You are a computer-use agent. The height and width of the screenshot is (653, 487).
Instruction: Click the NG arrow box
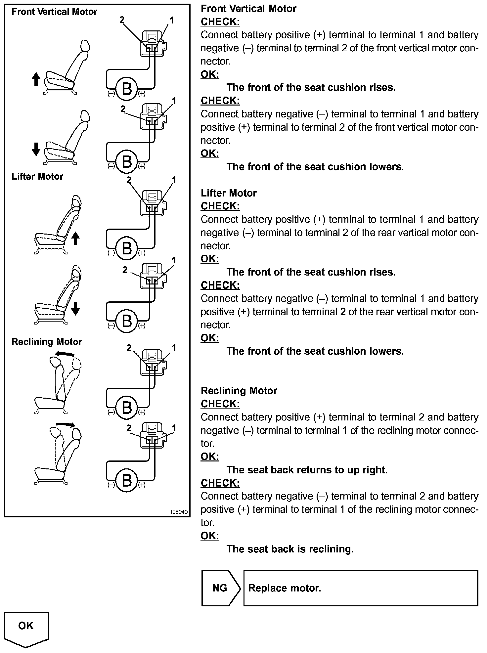(220, 588)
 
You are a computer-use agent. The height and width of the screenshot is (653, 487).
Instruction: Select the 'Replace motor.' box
(361, 588)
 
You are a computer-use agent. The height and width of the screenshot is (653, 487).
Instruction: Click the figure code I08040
(179, 512)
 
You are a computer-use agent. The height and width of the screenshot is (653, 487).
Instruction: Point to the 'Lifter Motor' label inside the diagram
(37, 176)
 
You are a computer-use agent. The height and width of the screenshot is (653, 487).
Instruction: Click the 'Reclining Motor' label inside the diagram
(47, 342)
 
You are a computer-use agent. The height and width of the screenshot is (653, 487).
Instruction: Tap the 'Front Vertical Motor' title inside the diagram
(54, 12)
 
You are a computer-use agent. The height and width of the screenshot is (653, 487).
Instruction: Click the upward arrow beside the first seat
(36, 79)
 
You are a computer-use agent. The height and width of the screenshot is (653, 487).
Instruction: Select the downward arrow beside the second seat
(36, 149)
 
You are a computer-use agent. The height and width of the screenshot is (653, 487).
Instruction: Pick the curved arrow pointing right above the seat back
(65, 424)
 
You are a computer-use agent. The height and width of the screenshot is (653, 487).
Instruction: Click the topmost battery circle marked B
(127, 89)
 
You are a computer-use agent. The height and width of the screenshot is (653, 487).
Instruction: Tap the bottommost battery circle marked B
(127, 480)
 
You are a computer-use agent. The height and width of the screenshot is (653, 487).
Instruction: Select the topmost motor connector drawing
(153, 43)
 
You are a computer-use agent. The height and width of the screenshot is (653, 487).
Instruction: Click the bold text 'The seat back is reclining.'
(290, 549)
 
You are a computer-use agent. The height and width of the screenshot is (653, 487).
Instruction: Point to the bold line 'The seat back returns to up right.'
(307, 470)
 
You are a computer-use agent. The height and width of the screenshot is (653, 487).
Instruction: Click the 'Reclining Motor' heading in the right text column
(239, 391)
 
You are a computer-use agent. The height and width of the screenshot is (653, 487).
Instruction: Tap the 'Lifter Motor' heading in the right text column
(229, 193)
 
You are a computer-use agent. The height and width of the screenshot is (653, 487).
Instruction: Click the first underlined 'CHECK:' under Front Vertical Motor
(220, 22)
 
